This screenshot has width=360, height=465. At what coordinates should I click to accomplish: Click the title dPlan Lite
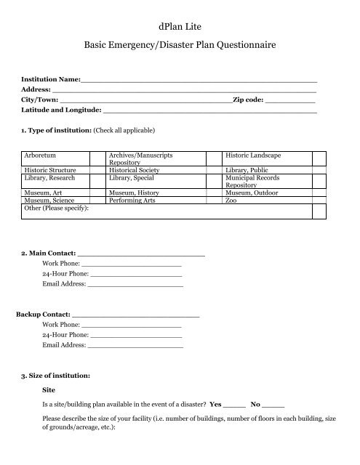[x=180, y=27]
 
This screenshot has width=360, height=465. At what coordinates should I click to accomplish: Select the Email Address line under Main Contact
[x=135, y=285]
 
